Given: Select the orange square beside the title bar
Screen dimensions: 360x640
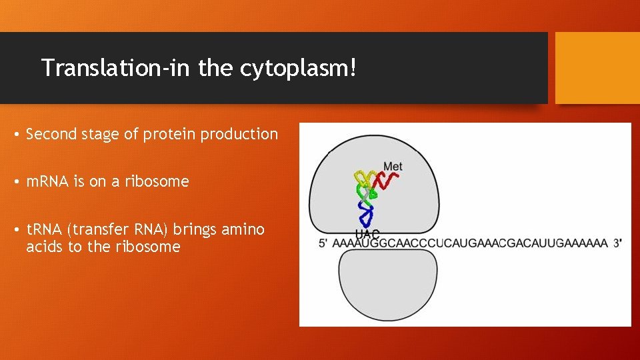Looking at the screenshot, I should click(597, 68).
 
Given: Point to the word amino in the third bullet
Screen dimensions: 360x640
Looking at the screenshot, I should click(243, 230).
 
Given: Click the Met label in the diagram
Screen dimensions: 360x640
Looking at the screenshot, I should click(393, 166).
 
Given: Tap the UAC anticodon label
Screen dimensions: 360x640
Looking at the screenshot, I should click(367, 234).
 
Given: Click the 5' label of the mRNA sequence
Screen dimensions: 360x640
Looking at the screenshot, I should click(323, 243).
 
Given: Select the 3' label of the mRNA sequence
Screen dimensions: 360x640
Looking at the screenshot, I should click(617, 243).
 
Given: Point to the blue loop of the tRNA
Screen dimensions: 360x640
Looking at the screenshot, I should click(365, 215).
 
